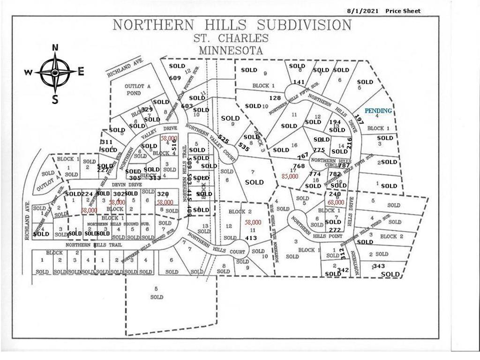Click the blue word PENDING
point(378,111)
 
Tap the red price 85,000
point(290,177)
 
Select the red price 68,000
point(336,202)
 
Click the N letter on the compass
point(55,47)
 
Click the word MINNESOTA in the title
point(231,50)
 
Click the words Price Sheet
point(403,11)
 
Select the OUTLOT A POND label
point(132,90)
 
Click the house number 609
point(175,77)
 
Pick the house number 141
point(299,82)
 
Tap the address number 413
point(251,238)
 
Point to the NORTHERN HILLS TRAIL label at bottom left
point(94,245)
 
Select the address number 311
point(107,142)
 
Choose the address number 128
point(275,98)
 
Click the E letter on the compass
point(81,72)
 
